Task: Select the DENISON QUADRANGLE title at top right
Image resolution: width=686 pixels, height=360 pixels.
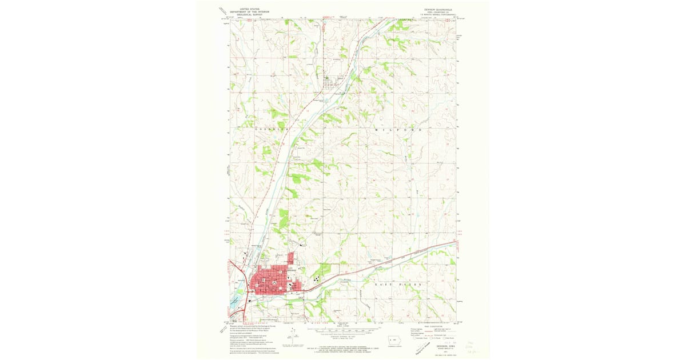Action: [437, 9]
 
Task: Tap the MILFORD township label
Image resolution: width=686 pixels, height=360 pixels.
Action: [398, 130]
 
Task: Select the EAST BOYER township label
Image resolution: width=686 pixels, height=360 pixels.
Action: [400, 283]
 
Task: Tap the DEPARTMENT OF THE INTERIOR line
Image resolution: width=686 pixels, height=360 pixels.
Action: [249, 11]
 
